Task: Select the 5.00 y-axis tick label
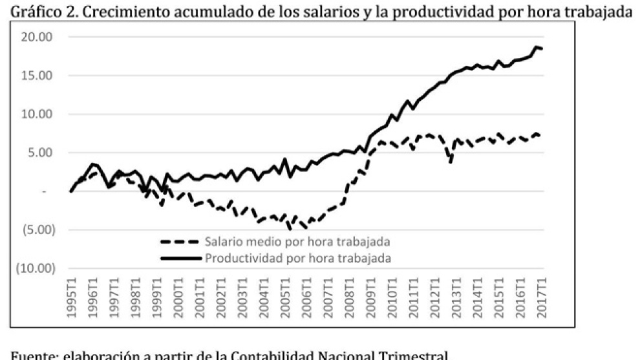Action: (x=40, y=153)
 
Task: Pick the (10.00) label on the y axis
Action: (x=35, y=268)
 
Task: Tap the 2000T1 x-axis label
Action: (x=178, y=297)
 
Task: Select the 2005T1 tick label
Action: (x=285, y=297)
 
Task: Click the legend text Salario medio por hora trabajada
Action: (x=299, y=242)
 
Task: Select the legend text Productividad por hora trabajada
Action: (x=298, y=258)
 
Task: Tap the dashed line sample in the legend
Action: (x=180, y=242)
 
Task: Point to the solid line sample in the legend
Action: (x=180, y=258)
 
